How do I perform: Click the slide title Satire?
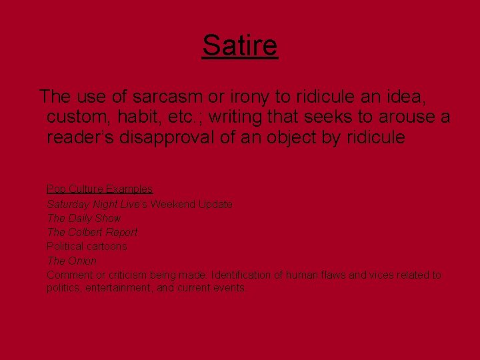point(240,46)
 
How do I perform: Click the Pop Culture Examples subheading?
point(100,189)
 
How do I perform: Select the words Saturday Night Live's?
point(97,204)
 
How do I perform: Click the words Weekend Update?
point(191,204)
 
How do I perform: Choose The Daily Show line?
point(84,218)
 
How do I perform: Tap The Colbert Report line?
point(92,232)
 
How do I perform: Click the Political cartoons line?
point(87,246)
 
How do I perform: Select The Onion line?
point(71,261)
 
